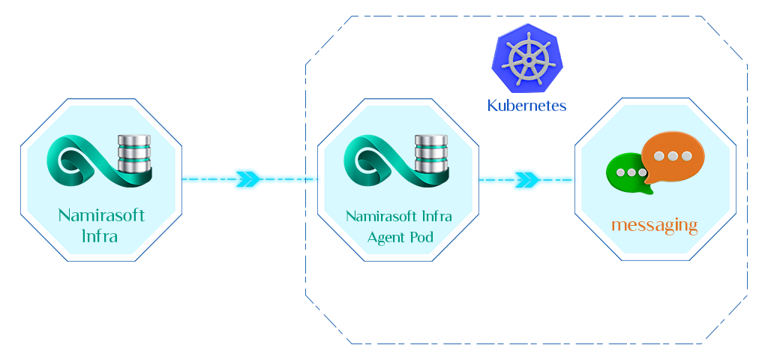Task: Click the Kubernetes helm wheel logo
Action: click(x=526, y=58)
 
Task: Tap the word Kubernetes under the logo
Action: click(x=526, y=106)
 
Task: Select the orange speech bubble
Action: click(x=673, y=156)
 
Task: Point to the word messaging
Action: click(x=654, y=225)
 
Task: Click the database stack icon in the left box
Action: click(x=135, y=154)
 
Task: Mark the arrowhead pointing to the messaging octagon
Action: click(x=527, y=180)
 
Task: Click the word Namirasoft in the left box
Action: click(x=101, y=216)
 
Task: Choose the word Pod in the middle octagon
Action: click(x=421, y=237)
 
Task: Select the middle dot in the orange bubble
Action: click(x=672, y=156)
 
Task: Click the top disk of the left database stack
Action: click(x=135, y=140)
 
